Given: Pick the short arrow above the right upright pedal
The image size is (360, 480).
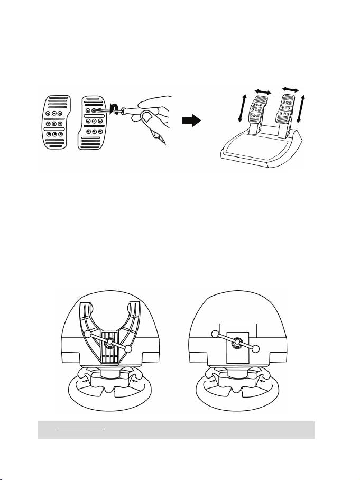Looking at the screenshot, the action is [292, 88].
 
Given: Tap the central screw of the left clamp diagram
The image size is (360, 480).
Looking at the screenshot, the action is [109, 343].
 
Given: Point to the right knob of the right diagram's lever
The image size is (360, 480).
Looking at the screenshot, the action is [256, 349].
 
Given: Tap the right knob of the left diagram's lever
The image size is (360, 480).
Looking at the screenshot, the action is [130, 349].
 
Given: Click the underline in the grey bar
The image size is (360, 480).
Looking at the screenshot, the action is [80, 429].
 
